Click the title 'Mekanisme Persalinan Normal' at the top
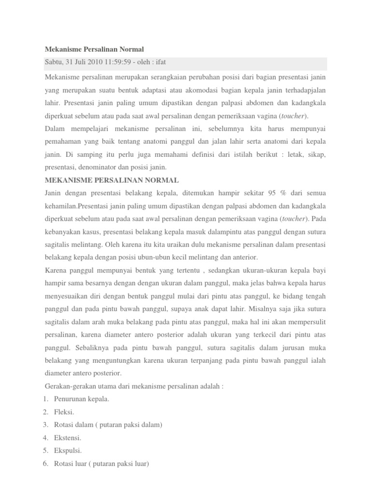click(x=94, y=49)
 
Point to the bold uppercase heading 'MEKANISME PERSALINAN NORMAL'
click(x=112, y=180)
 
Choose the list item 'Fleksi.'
click(x=65, y=412)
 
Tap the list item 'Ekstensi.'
click(x=68, y=438)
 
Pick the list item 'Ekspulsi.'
click(x=69, y=451)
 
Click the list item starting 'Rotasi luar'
click(x=102, y=464)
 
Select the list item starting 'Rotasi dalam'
click(x=108, y=425)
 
